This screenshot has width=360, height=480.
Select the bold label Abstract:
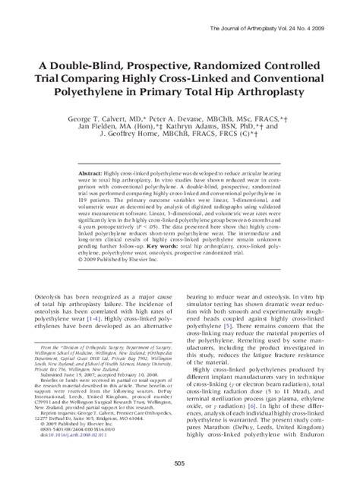pyautogui.click(x=95, y=174)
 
